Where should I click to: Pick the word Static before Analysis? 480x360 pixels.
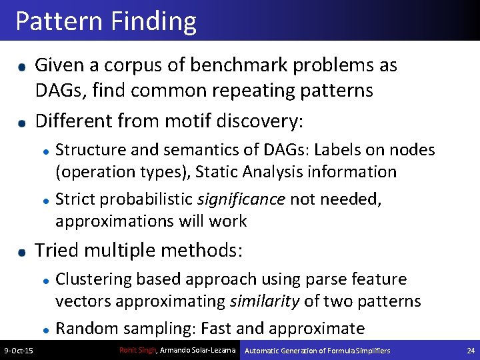(218, 171)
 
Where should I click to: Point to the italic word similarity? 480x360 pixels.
(265, 301)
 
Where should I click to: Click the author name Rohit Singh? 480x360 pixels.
(138, 350)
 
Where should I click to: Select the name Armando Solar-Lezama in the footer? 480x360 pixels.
(198, 350)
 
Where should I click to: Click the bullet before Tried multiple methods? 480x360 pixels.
(22, 252)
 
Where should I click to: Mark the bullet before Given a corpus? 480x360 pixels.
(22, 67)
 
